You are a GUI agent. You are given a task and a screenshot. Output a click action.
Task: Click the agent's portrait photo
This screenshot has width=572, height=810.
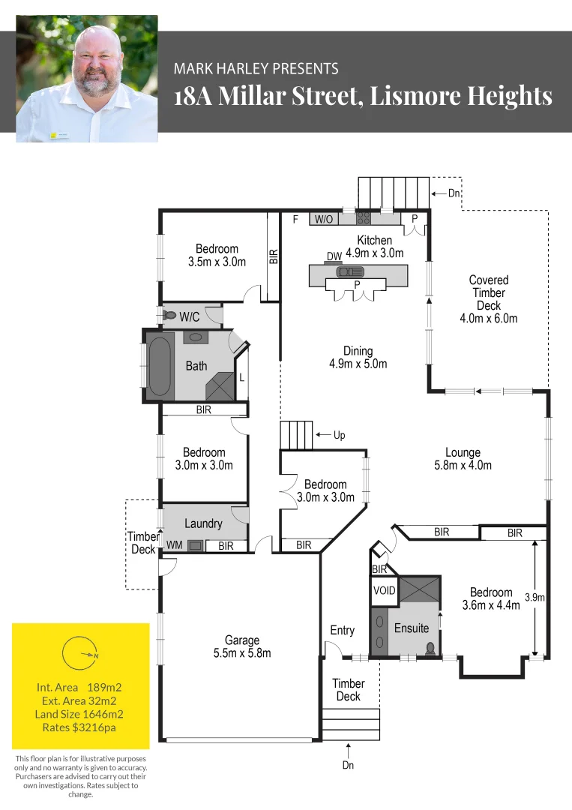(x=87, y=79)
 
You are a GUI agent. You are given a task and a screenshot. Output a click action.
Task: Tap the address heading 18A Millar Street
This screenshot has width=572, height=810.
(x=363, y=97)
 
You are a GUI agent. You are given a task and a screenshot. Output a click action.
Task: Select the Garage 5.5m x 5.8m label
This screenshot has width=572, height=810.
(x=242, y=646)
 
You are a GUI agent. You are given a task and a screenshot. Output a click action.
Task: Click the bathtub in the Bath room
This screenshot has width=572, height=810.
(x=159, y=366)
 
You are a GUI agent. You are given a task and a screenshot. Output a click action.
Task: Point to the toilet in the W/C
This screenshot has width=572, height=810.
(x=170, y=316)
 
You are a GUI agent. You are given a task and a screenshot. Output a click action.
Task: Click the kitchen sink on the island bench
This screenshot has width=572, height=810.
(x=350, y=272)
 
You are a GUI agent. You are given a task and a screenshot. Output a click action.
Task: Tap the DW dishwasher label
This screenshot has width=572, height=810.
(x=334, y=256)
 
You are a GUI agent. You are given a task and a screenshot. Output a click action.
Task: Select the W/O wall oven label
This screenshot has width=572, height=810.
(x=324, y=219)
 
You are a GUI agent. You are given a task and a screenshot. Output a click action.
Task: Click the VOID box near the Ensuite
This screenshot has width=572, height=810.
(x=384, y=590)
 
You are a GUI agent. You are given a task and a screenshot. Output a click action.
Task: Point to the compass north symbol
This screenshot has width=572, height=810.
(x=80, y=654)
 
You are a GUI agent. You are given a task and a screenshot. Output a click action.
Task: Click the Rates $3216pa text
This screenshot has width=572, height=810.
(x=79, y=727)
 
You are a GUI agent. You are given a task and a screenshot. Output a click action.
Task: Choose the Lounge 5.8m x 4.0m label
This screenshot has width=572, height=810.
(x=463, y=458)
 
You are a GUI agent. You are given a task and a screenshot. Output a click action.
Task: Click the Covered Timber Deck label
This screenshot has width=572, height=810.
(x=488, y=298)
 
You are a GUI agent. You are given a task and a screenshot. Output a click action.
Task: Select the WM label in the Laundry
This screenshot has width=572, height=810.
(x=174, y=545)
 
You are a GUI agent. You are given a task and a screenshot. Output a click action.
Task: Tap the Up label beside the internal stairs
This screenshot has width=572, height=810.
(x=339, y=435)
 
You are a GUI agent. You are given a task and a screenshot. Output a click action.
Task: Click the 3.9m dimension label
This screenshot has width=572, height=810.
(x=534, y=598)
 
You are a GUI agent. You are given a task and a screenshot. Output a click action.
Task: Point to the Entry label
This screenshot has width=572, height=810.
(x=343, y=630)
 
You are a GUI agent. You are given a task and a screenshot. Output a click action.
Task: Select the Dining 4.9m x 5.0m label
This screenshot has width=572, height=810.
(x=358, y=357)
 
